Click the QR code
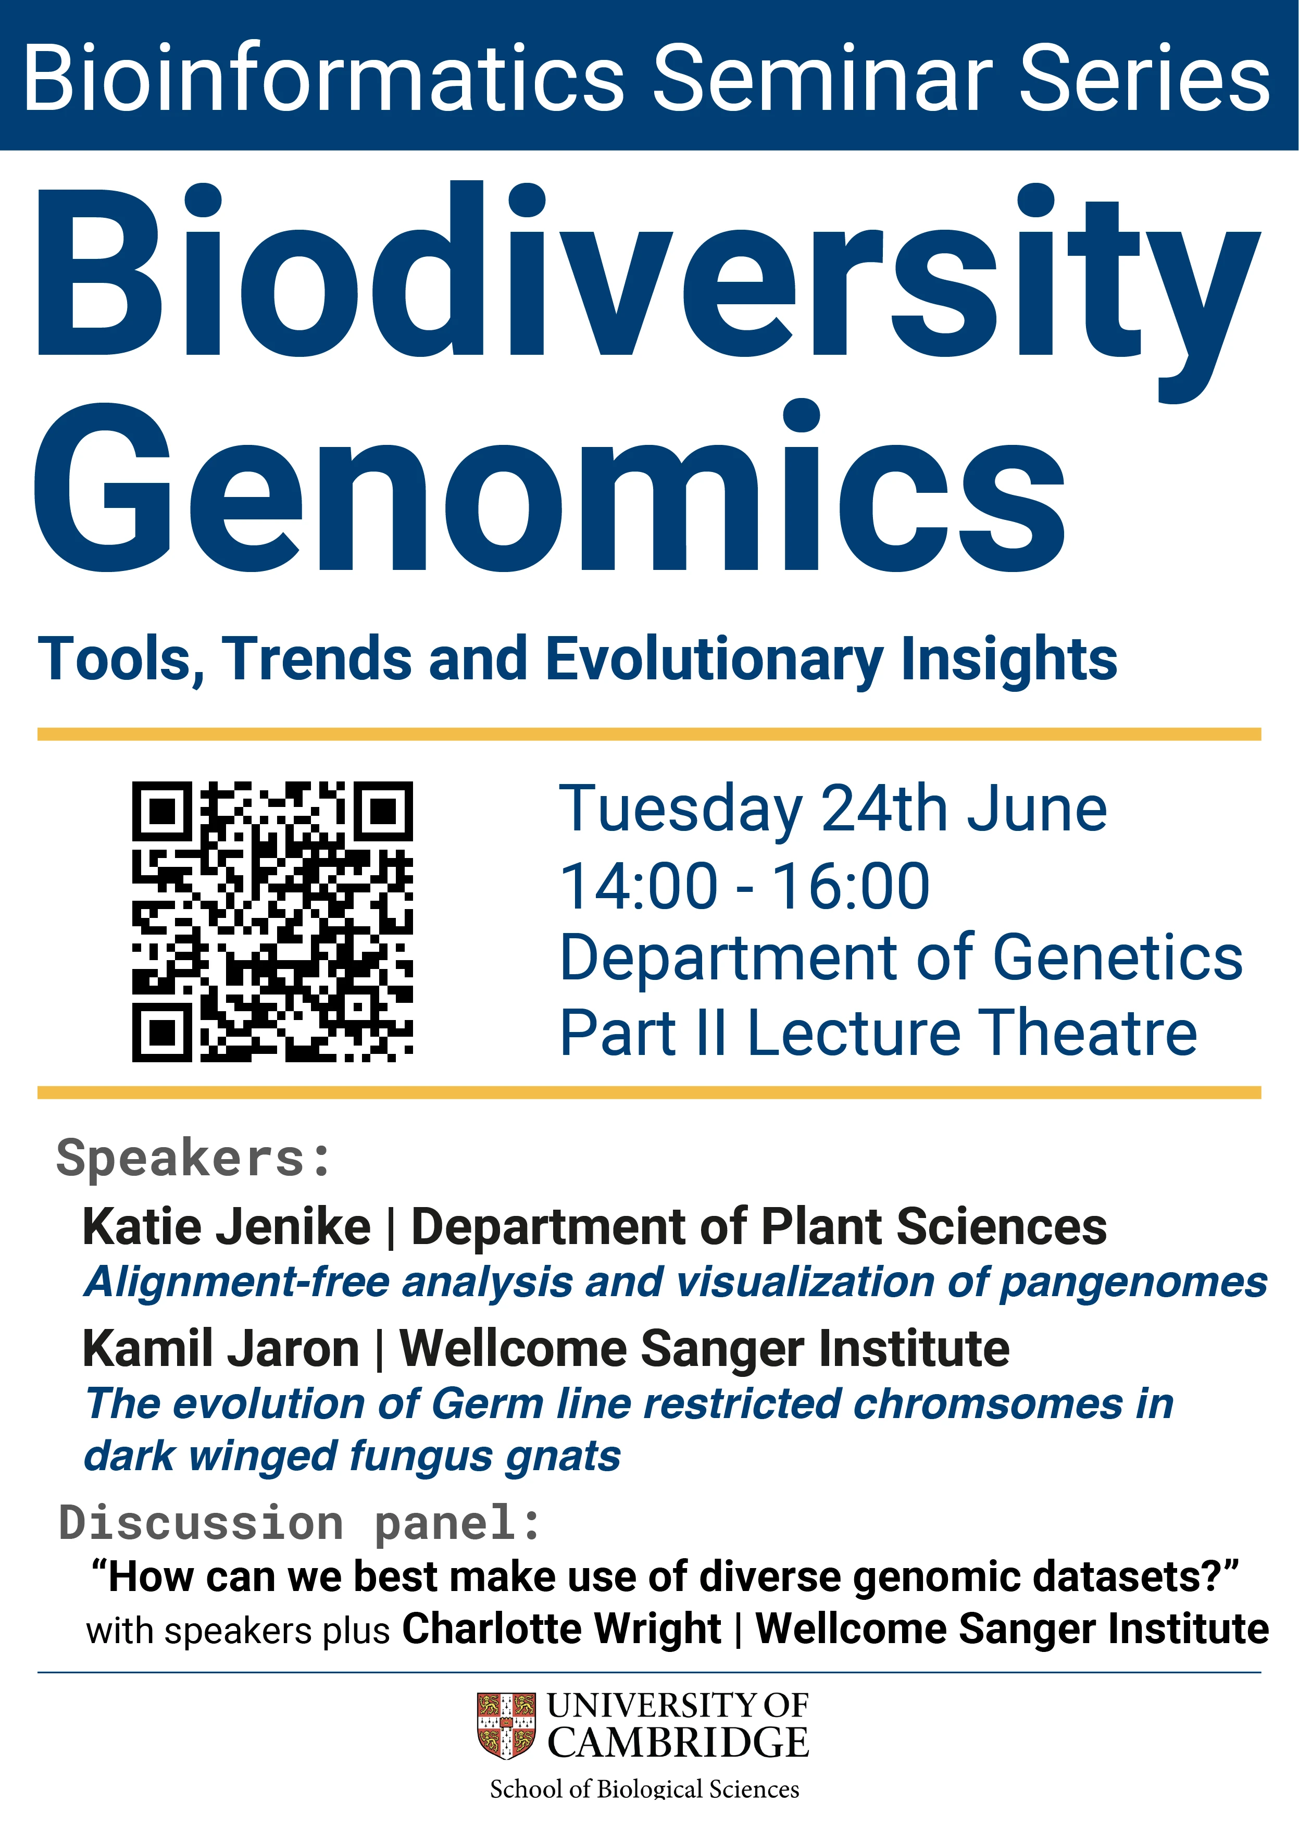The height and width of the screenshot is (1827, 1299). pyautogui.click(x=272, y=922)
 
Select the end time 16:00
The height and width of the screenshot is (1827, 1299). pyautogui.click(x=850, y=886)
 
